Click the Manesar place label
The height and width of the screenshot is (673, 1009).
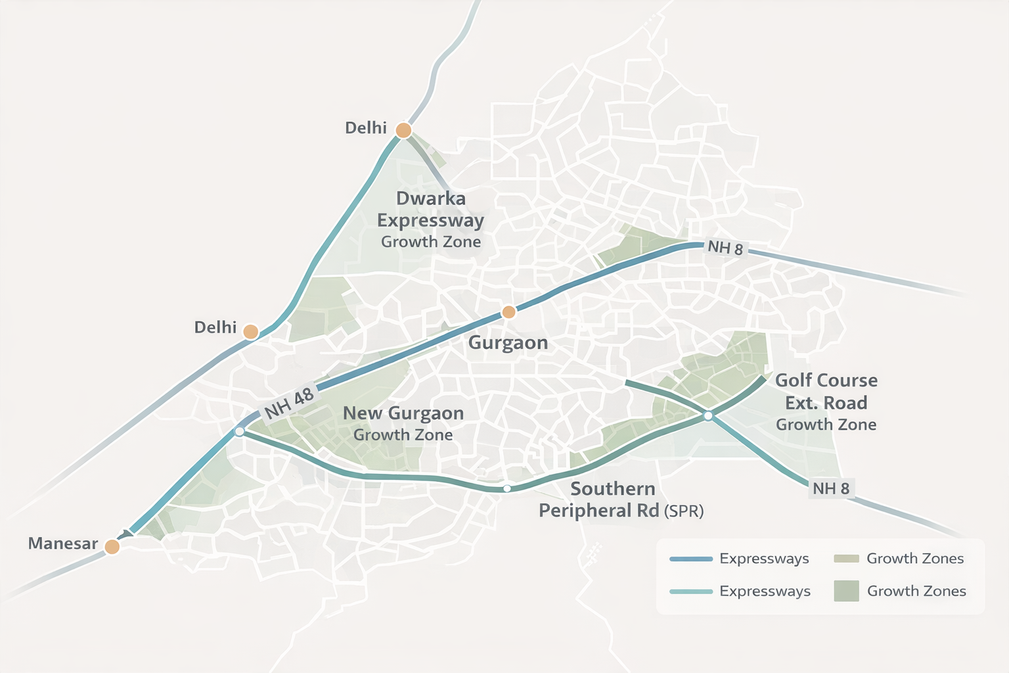click(x=62, y=544)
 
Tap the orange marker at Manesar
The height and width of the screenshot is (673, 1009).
click(x=112, y=547)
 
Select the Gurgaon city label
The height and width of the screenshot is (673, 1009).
click(x=508, y=342)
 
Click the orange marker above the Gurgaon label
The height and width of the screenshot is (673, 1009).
click(x=508, y=312)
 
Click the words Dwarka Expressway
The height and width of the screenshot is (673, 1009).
click(x=430, y=209)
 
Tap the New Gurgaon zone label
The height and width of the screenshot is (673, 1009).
click(x=403, y=413)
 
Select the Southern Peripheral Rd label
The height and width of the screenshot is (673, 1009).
click(x=599, y=499)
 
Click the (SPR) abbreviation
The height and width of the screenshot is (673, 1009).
click(x=684, y=511)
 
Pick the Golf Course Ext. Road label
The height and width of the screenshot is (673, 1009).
click(x=826, y=392)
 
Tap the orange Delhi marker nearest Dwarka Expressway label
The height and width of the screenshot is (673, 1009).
click(x=403, y=130)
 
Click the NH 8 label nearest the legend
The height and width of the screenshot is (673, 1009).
click(x=830, y=488)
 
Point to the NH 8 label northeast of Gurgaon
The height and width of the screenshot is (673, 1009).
click(x=725, y=248)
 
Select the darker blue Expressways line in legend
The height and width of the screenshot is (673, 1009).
click(x=690, y=559)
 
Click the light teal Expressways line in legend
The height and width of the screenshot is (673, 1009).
click(x=690, y=592)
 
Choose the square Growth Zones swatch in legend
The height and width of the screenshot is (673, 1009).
click(x=846, y=591)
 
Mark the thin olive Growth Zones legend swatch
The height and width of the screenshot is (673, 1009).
click(x=846, y=559)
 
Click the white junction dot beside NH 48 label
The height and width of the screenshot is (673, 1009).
click(x=240, y=431)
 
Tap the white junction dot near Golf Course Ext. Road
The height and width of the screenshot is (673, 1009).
click(x=708, y=415)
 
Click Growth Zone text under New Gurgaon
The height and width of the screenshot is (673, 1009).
click(x=403, y=435)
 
